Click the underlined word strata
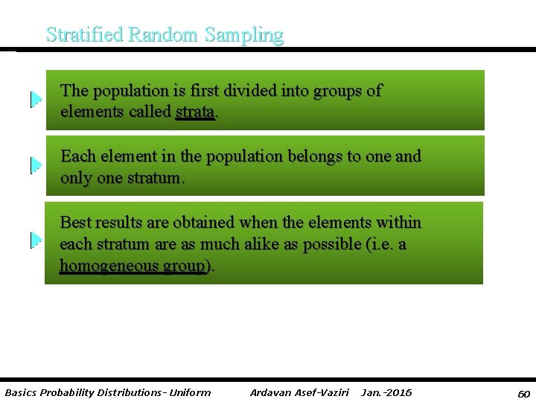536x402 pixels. click(195, 112)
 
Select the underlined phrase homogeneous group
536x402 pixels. click(133, 266)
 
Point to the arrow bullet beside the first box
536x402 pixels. click(36, 99)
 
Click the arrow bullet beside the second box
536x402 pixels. click(36, 165)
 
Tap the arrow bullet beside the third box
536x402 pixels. click(36, 240)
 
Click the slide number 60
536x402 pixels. click(523, 392)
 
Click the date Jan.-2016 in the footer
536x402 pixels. click(386, 392)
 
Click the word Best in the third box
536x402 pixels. click(75, 223)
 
